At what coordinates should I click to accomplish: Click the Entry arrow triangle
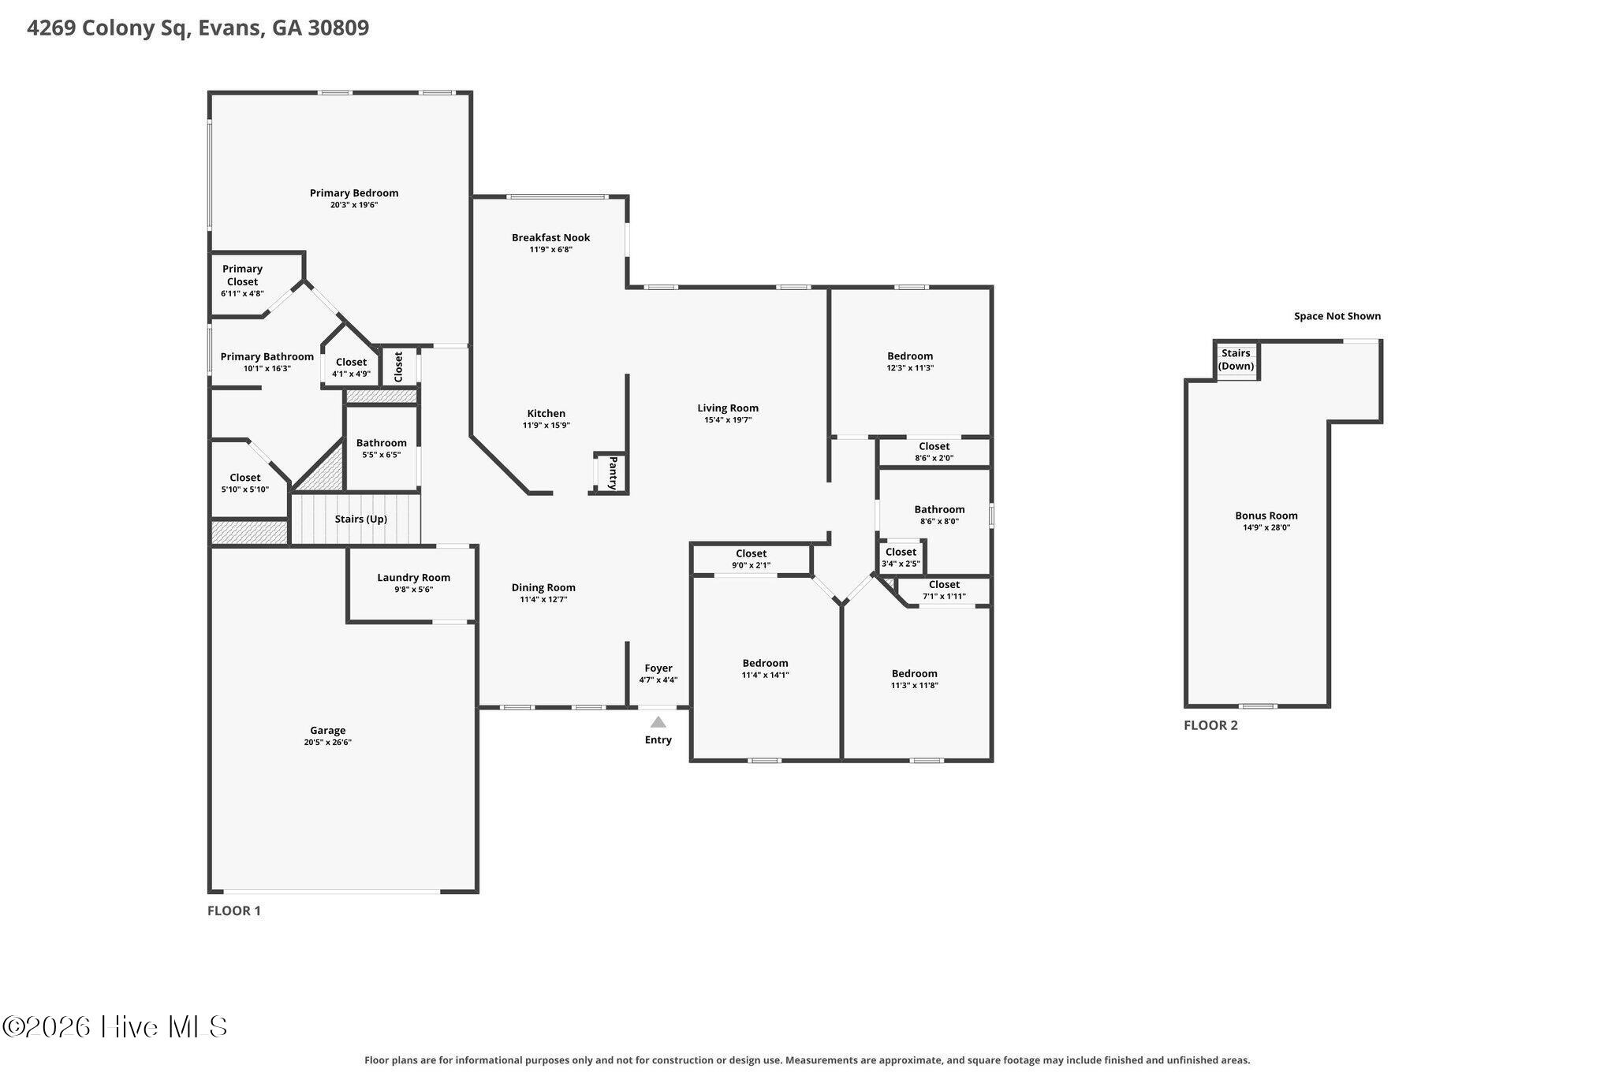tap(658, 721)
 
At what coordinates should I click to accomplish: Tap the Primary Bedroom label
tap(354, 193)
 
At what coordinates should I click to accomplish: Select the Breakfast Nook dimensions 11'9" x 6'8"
tap(550, 250)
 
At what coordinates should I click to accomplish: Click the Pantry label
tap(613, 473)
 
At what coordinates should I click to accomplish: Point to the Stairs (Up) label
tap(361, 519)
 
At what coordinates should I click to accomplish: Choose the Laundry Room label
tap(413, 578)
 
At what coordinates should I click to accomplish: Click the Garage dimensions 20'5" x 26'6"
tap(327, 743)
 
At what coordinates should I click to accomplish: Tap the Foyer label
tap(658, 668)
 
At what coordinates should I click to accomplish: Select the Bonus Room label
tap(1266, 516)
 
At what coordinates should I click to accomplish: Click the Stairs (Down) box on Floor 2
tap(1236, 360)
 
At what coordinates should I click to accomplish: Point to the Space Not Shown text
tap(1337, 316)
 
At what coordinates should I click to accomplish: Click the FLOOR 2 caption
tap(1210, 725)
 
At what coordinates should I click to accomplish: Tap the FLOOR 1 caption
tap(234, 910)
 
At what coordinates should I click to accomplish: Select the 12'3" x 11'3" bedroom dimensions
tap(910, 368)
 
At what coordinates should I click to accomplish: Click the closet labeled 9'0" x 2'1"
tap(751, 559)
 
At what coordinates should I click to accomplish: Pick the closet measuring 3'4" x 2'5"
tap(901, 557)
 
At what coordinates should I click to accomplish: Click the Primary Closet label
tap(242, 275)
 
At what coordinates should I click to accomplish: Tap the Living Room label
tap(728, 408)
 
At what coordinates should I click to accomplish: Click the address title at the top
tap(198, 28)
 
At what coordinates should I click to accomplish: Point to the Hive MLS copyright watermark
tap(115, 1026)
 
